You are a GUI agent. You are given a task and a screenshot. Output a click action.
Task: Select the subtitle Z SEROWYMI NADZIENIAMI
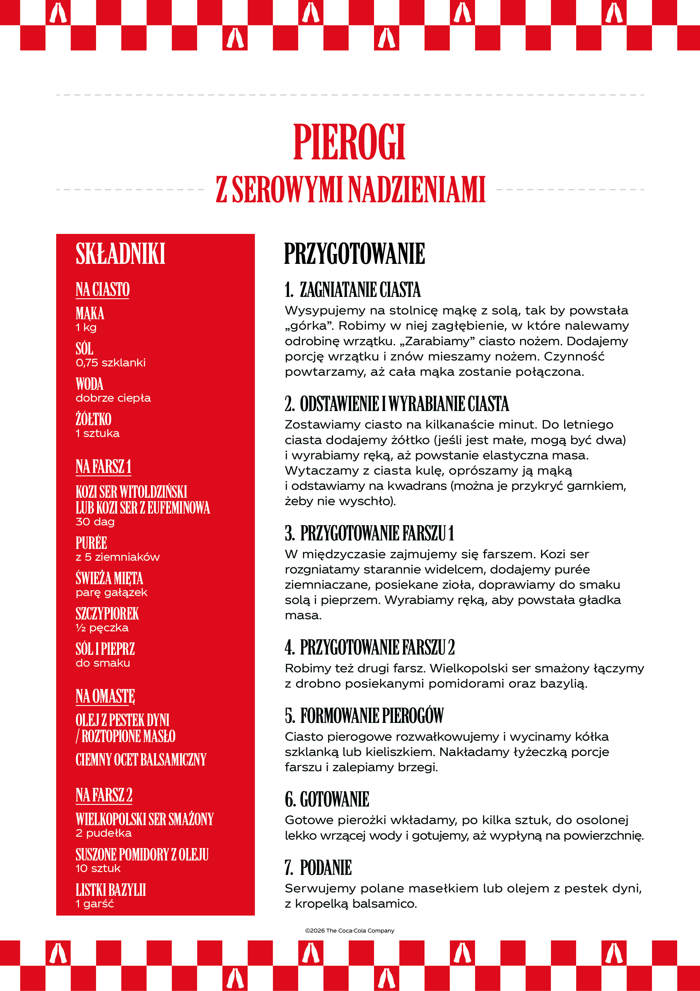(350, 190)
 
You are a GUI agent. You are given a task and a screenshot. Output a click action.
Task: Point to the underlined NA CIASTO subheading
(103, 289)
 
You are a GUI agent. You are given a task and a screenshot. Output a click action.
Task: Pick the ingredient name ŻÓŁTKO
(94, 419)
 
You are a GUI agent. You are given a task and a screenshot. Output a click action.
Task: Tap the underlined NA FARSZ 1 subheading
(104, 467)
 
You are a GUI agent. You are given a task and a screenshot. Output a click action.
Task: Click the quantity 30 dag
(95, 522)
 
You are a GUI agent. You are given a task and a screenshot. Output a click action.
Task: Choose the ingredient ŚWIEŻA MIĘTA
(109, 578)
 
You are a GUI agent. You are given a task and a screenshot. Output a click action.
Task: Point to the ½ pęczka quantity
(102, 628)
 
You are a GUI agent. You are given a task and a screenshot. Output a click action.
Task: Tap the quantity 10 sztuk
(98, 868)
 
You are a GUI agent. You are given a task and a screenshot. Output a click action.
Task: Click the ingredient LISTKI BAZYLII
(111, 890)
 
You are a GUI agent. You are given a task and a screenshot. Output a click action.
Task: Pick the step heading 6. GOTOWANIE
(327, 799)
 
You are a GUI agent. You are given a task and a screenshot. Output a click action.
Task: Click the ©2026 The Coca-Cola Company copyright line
(349, 931)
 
